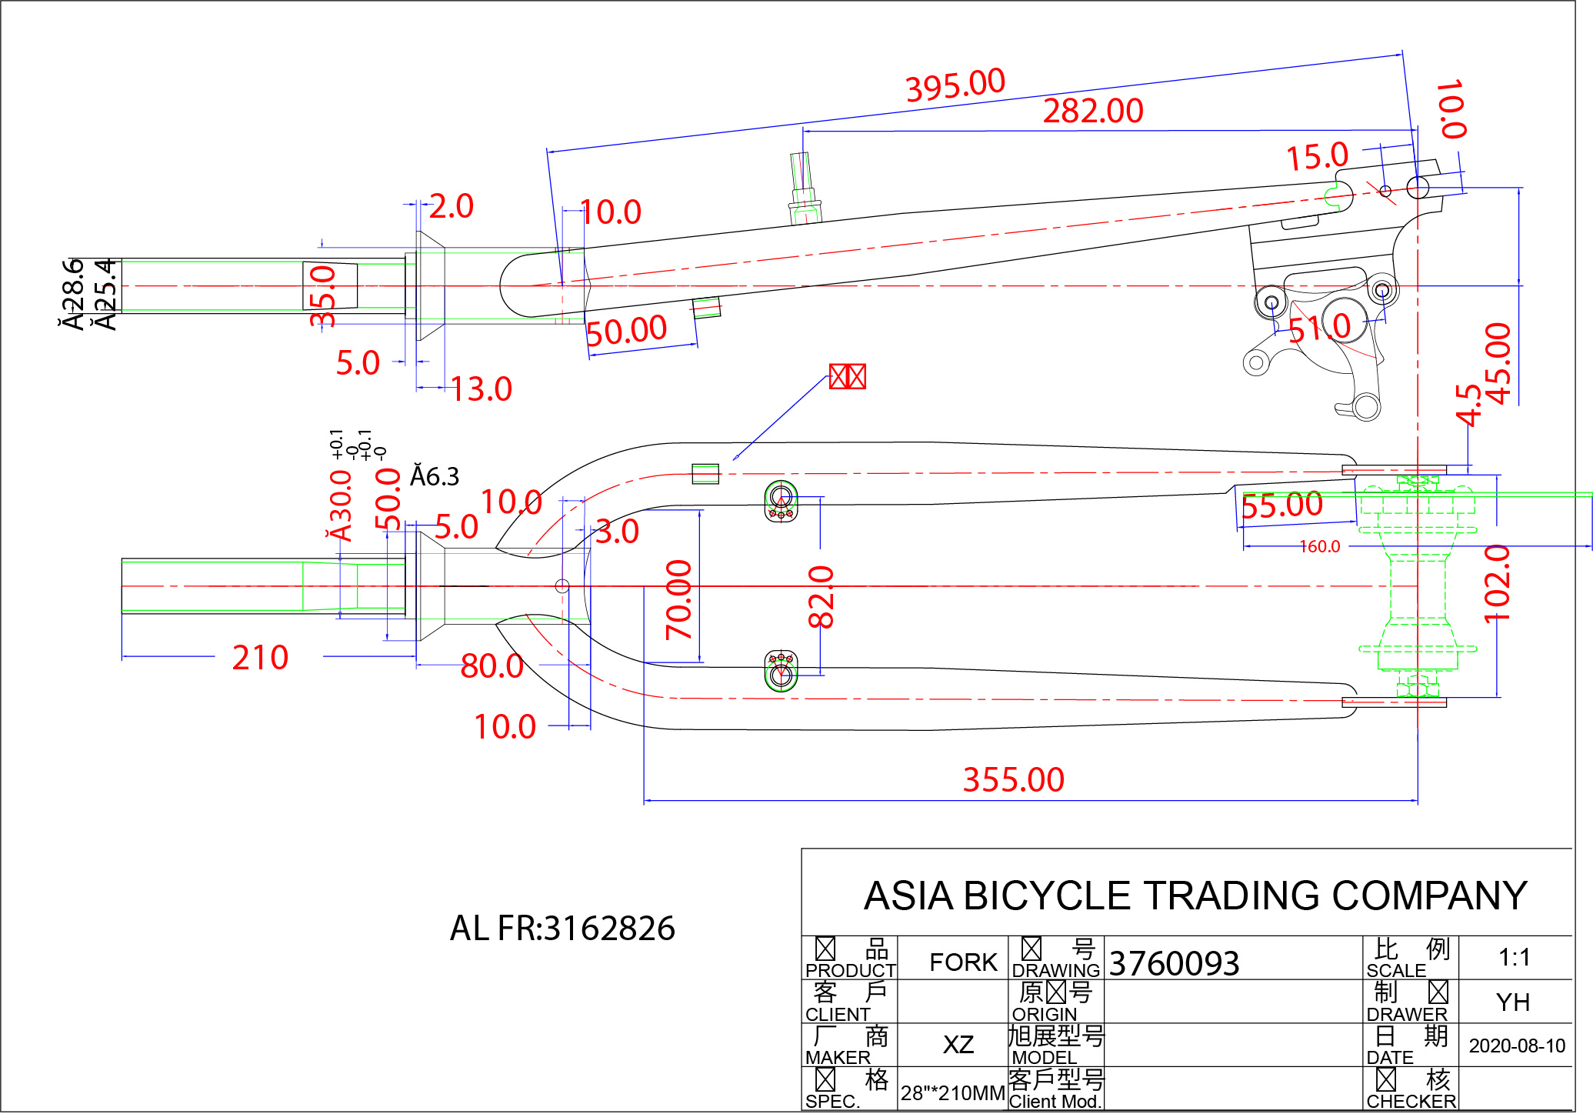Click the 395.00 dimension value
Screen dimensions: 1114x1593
(955, 85)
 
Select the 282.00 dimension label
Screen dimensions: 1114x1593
(1093, 112)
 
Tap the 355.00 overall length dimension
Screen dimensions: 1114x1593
(1013, 780)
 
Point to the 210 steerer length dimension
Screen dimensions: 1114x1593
(260, 659)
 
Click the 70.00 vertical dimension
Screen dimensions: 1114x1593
(678, 600)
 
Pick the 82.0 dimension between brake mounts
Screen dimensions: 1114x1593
(821, 597)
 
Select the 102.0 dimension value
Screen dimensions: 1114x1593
(1497, 585)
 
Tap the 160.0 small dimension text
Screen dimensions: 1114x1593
(1319, 547)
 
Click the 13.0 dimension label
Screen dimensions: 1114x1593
(481, 390)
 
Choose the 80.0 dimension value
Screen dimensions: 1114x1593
(492, 666)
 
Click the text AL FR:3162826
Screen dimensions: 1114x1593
(562, 929)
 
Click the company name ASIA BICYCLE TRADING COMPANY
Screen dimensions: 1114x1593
(1195, 896)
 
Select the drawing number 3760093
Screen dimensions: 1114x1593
(1174, 963)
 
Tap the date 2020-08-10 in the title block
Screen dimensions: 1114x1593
(1517, 1046)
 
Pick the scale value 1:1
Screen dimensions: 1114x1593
(1514, 958)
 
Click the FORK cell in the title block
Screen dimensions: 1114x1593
(963, 962)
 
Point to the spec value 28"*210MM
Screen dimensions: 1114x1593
(953, 1093)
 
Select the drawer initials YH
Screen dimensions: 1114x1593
(1513, 1002)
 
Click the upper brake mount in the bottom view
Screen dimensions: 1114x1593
(782, 502)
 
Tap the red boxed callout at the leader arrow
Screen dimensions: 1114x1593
(847, 377)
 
